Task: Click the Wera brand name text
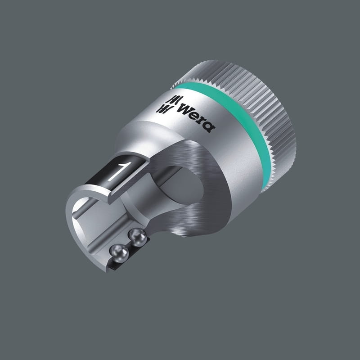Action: pos(196,117)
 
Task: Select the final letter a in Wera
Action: pos(208,126)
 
